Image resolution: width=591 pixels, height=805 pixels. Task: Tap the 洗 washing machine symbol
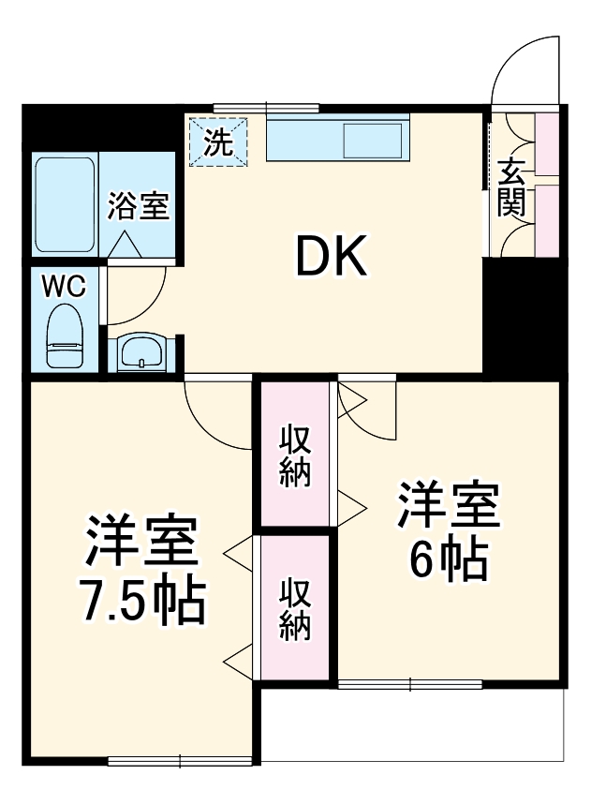click(x=218, y=142)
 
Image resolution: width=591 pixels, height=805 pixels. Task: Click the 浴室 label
click(x=138, y=206)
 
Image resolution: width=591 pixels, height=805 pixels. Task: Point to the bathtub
click(x=66, y=204)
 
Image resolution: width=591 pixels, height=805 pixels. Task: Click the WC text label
click(x=64, y=285)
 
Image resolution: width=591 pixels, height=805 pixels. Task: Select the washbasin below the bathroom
click(x=144, y=352)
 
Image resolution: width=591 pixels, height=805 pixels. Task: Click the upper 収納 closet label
click(x=296, y=456)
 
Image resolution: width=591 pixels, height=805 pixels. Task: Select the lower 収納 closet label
click(x=296, y=609)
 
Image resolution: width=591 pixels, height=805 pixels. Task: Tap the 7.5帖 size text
click(x=140, y=603)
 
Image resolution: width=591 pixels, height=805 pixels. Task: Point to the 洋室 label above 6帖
click(x=450, y=506)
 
